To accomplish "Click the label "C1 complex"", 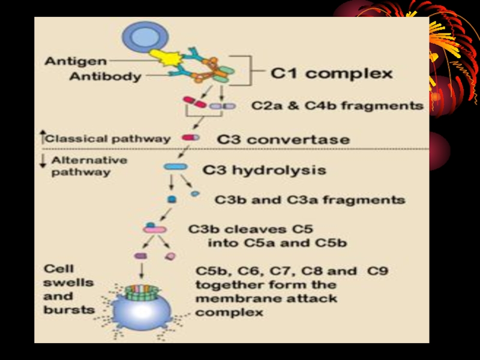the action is click(x=332, y=74).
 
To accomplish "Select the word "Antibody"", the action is click(x=105, y=76).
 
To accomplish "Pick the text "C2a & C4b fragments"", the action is click(x=337, y=106).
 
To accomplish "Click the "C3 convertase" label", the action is click(x=283, y=139).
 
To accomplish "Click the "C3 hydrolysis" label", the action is click(x=264, y=170).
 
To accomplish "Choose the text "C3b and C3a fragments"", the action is click(x=310, y=199).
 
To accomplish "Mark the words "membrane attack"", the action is click(x=266, y=298).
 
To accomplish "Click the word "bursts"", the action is click(x=69, y=310).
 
